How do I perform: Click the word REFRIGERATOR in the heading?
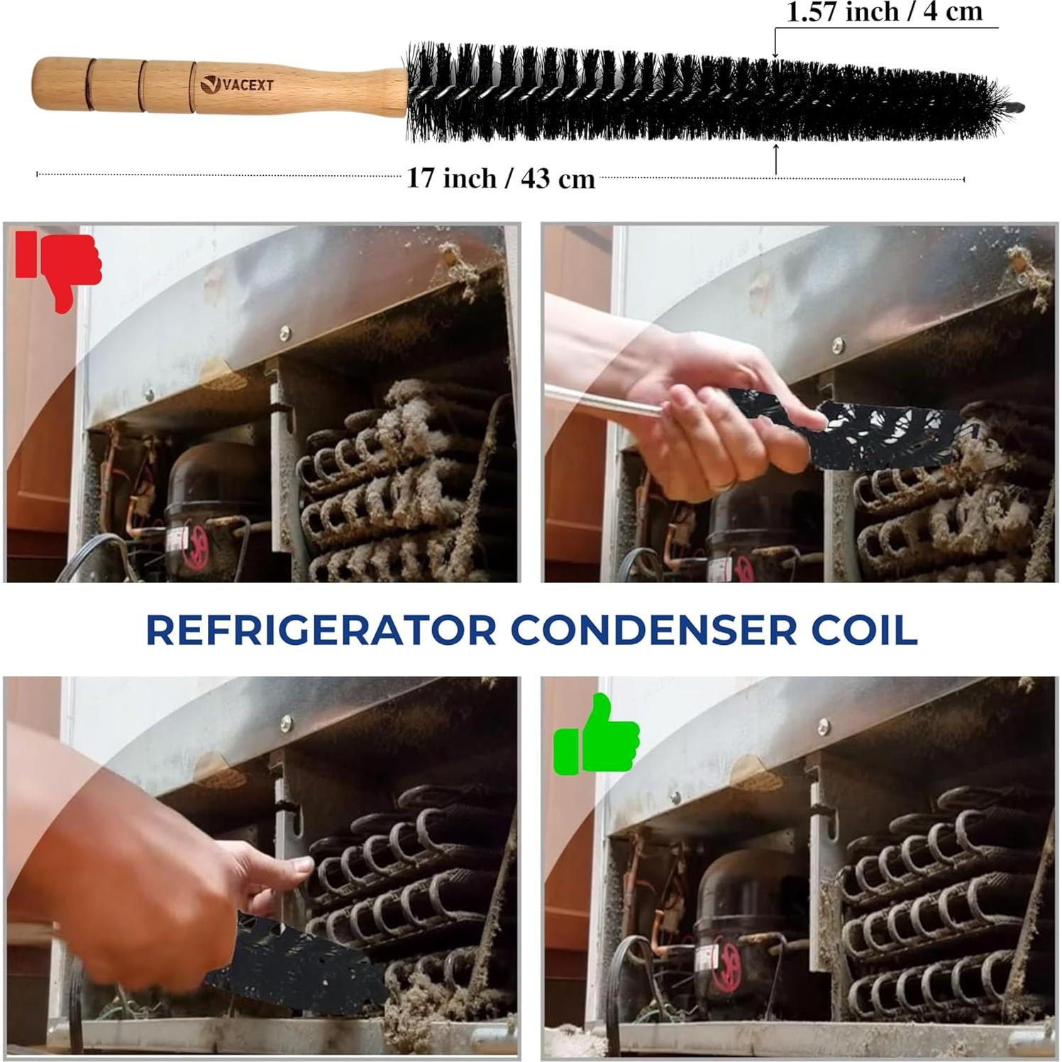pos(321,630)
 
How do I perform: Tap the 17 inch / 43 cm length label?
pos(500,178)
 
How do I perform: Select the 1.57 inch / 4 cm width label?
pos(885,12)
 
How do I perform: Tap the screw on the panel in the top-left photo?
pos(284,332)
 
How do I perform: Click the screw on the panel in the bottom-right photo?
pos(824,726)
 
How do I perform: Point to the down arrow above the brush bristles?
pos(775,50)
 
